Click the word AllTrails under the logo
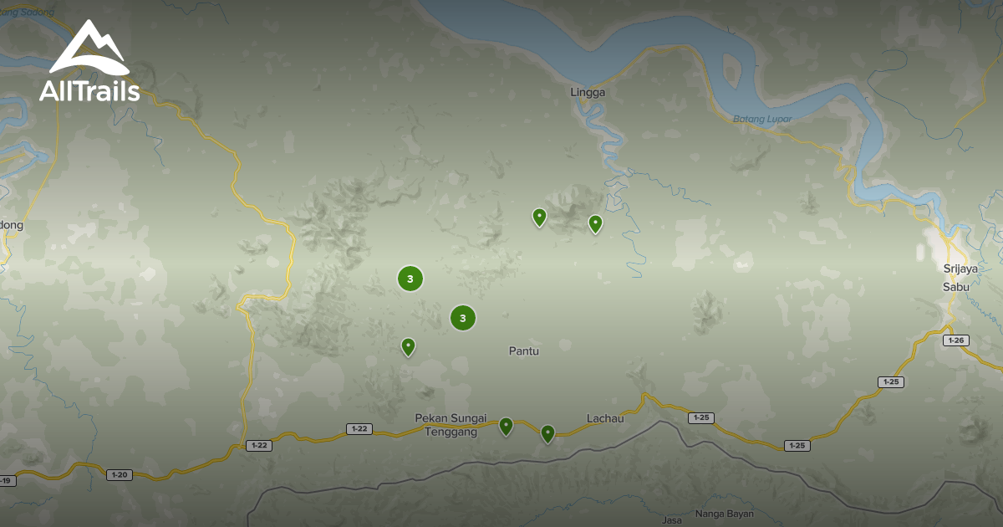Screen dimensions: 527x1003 pos(89,91)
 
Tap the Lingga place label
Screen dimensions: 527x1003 pos(588,93)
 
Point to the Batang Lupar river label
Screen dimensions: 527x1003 pos(761,119)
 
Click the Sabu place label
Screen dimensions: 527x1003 pos(956,286)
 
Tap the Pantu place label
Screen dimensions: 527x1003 pos(524,351)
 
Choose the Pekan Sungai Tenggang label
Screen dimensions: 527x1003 pos(450,425)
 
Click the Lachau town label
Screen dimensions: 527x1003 pos(605,418)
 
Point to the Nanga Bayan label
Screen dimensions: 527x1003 pos(725,514)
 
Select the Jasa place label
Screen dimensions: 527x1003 pos(672,520)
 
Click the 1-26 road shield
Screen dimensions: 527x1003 pos(956,340)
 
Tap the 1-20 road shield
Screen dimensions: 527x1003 pos(120,475)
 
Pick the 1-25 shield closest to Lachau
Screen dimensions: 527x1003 pos(700,417)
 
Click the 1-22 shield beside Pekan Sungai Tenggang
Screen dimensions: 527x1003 pos(359,429)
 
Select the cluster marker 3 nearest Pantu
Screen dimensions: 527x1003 pos(463,318)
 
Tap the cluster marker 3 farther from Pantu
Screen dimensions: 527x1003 pos(410,279)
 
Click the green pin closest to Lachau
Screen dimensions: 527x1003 pos(547,432)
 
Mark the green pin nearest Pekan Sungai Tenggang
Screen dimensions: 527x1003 pos(506,426)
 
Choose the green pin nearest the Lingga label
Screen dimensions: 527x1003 pos(595,223)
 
